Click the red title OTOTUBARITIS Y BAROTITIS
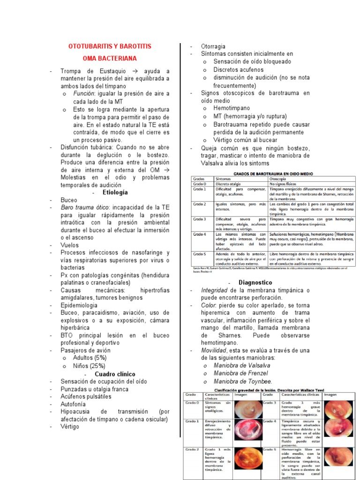pos(110,47)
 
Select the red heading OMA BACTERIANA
pos(110,59)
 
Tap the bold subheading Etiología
pos(115,192)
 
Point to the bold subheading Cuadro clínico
pos(115,374)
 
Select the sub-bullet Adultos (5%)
pos(90,358)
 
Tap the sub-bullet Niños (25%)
pos(89,366)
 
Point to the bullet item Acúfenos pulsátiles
pos(86,396)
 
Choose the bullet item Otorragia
pos(213,46)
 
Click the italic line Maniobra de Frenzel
pos(240,373)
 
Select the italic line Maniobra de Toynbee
pos(242,381)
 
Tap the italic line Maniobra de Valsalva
pos(241,365)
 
